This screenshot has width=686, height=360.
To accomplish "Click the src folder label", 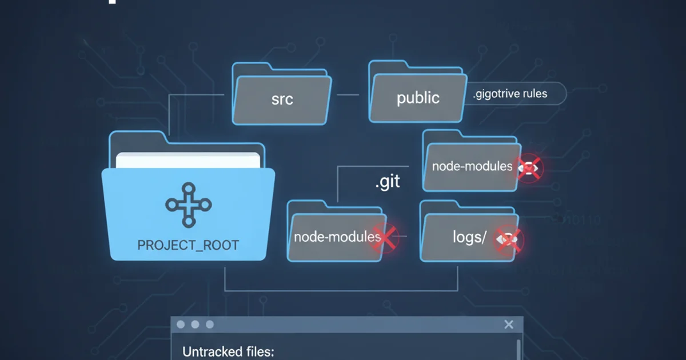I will pos(282,99).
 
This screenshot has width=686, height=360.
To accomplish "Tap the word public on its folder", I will pos(418,98).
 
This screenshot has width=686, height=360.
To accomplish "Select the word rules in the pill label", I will pos(532,94).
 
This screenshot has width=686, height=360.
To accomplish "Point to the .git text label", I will pos(388,183).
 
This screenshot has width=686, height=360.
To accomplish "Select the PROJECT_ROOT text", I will pos(188,246).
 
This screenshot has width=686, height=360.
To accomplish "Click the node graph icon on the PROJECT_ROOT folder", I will pos(188,205).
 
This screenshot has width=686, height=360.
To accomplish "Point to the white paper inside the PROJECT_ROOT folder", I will pos(189,160).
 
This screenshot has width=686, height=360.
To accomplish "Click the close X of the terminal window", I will pos(509,325).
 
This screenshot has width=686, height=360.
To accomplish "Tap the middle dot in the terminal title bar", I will pos(195,325).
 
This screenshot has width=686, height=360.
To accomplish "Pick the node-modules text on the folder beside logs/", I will pos(337,236).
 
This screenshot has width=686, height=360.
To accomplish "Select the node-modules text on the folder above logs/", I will pos(472,167).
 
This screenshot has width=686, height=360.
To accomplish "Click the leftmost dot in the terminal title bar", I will pos(181,325).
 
